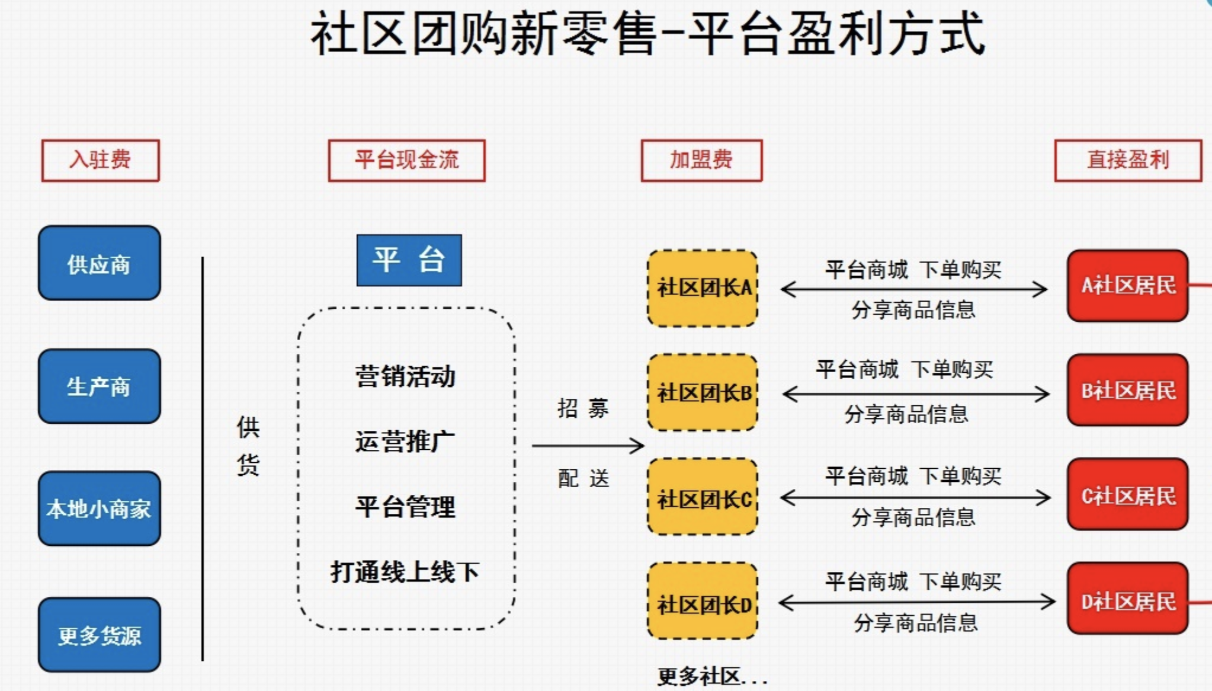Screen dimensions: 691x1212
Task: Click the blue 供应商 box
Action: tap(99, 263)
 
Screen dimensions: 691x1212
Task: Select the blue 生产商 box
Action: tap(99, 386)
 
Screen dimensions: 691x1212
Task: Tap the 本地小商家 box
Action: tap(99, 508)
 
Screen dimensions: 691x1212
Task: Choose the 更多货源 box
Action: tap(99, 635)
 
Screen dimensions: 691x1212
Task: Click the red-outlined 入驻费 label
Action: tap(100, 160)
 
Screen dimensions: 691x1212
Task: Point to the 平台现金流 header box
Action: tap(406, 160)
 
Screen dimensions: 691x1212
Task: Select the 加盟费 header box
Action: tap(701, 160)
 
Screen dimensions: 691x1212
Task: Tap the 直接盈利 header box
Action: tap(1128, 160)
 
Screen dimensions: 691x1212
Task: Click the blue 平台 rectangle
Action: tap(409, 260)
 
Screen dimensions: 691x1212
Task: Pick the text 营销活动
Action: tap(405, 376)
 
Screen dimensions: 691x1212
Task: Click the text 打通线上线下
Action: tap(405, 572)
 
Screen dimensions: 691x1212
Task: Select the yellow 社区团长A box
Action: tap(703, 288)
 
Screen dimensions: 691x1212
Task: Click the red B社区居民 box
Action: tap(1127, 391)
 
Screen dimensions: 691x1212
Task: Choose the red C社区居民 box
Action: tap(1127, 495)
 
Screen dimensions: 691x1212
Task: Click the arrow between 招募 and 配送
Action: tap(588, 446)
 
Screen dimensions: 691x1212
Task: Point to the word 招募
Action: tap(583, 408)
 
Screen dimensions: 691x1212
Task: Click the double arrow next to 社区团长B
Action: tap(916, 394)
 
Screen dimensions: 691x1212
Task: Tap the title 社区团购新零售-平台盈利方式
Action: tap(647, 34)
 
